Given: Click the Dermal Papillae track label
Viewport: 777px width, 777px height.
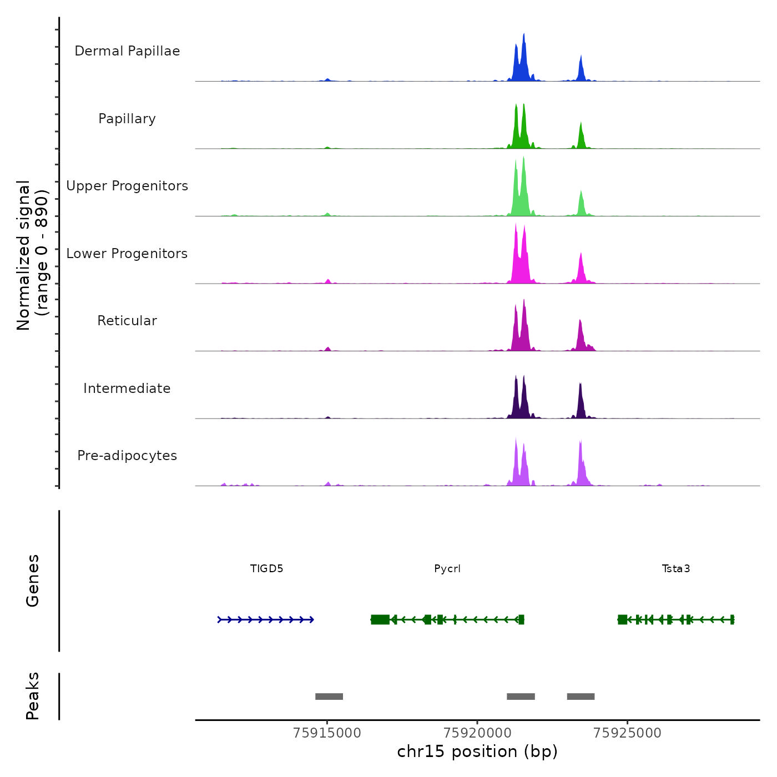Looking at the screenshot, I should coord(127,51).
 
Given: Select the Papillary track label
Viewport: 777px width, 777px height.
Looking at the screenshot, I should coord(127,119).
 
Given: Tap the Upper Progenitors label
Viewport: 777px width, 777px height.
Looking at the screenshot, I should coord(127,186).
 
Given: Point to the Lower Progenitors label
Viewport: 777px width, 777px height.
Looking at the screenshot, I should coord(127,254).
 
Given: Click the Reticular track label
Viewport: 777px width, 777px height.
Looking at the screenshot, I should coord(127,321).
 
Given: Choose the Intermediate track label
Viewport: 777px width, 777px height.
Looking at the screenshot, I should coord(127,389).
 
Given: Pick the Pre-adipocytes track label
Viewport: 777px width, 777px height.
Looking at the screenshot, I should coord(127,456).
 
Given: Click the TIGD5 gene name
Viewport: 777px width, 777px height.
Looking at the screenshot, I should coord(267,568).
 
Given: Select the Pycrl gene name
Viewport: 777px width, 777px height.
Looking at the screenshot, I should coord(447,568).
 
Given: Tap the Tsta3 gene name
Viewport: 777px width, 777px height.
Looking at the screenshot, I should coord(676,568).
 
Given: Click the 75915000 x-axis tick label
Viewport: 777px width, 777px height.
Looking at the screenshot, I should coord(327,733).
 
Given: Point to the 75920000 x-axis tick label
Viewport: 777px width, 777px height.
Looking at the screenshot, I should coord(478,733).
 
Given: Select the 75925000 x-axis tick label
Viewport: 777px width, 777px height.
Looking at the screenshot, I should coord(628,733).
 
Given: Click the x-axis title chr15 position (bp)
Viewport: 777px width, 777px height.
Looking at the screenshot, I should coord(477,751).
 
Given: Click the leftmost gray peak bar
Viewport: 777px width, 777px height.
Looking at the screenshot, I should coord(329,697).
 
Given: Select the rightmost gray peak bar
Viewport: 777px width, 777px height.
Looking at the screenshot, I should coord(581,697).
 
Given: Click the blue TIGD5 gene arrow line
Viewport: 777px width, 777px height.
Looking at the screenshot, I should coord(266,619).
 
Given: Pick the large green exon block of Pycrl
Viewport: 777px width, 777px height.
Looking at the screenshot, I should coord(380,619).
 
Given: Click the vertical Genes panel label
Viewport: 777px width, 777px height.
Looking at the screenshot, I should coord(33,581).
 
